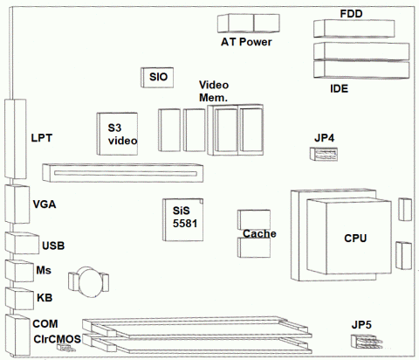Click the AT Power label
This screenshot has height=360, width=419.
pyautogui.click(x=246, y=42)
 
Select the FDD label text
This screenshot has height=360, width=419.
pyautogui.click(x=352, y=14)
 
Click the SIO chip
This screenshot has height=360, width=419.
pyautogui.click(x=158, y=77)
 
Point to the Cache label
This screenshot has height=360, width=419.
pyautogui.click(x=260, y=233)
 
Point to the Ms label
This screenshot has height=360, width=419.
pyautogui.click(x=45, y=271)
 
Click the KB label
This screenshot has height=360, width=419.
pyautogui.click(x=45, y=298)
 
